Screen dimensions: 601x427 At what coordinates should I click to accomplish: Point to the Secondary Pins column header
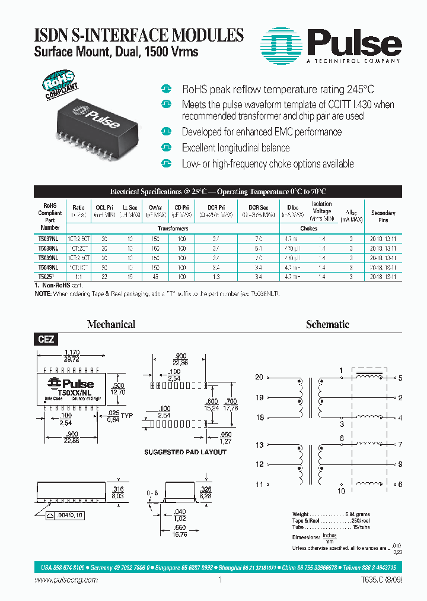[383, 216]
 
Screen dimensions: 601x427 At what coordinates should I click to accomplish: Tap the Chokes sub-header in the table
[309, 229]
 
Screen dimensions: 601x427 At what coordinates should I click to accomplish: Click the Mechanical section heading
[111, 324]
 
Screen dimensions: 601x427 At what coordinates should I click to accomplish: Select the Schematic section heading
[327, 324]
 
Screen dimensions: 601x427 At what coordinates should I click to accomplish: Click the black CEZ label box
[46, 340]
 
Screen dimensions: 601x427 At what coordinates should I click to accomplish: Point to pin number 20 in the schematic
[259, 378]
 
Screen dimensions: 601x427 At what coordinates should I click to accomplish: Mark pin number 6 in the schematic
[400, 485]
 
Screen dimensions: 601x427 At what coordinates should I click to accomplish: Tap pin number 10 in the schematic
[341, 491]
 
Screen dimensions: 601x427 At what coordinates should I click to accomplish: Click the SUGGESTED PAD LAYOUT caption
[185, 452]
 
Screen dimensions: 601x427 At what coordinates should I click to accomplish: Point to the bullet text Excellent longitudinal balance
[235, 148]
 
